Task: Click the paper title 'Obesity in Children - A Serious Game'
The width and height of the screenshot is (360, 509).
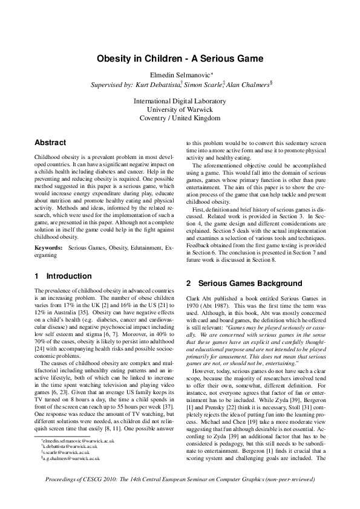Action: coord(180,59)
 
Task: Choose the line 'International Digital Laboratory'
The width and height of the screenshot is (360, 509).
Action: coord(180,101)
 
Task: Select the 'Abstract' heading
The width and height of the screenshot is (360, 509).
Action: coord(50,143)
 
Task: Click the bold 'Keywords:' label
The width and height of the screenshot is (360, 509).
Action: coord(48,248)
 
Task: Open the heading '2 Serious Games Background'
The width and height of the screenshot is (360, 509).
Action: coord(235,283)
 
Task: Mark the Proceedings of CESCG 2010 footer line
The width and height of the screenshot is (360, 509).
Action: coord(180,496)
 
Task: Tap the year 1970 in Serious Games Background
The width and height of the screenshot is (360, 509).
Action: coord(194,304)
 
